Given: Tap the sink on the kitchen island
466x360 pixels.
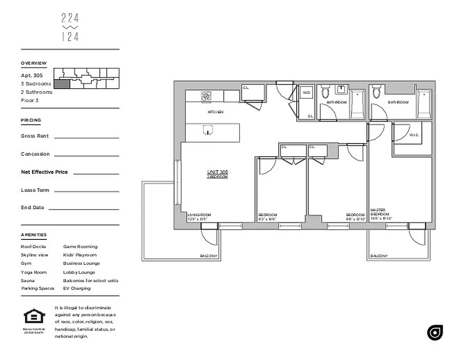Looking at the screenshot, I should tap(208, 130).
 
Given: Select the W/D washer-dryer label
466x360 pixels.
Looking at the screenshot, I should tap(307, 93).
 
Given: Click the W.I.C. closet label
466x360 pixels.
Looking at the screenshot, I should tap(414, 135).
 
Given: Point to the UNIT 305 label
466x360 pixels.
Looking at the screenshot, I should tap(217, 172).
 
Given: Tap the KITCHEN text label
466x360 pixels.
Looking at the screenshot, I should tap(215, 112).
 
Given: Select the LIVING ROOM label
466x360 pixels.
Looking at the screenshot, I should tap(199, 215).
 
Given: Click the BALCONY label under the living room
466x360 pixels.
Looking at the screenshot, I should tap(208, 256).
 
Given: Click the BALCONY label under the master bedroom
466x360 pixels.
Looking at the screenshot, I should tap(379, 256).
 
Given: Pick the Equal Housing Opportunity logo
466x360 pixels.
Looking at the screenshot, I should tap(34, 317).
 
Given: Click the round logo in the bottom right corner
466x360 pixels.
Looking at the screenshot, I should tap(435, 332).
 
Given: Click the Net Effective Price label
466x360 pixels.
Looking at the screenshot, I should tap(44, 172).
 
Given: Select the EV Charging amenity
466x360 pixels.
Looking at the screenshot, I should tap(77, 288).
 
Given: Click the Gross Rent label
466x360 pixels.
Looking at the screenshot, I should tap(35, 136).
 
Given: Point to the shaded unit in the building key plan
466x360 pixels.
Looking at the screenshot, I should tap(62, 83).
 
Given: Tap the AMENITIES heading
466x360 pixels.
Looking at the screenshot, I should tap(33, 235).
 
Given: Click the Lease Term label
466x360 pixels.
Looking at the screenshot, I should tap(35, 190).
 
